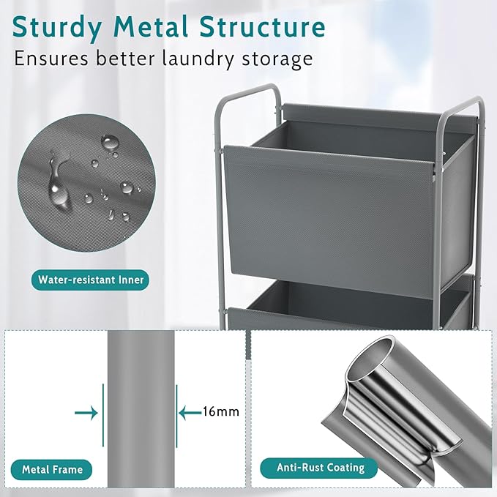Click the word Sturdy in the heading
(57, 28)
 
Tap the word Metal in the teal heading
(151, 26)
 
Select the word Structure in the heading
(263, 26)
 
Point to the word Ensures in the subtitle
(51, 59)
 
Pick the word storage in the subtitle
(277, 60)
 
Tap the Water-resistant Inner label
(90, 280)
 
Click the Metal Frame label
(52, 469)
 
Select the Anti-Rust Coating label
(319, 468)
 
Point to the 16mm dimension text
(221, 411)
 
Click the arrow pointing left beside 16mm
(190, 413)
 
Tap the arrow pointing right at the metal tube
(86, 413)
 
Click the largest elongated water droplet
(58, 184)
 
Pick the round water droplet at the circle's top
(110, 142)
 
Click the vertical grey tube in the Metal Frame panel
(141, 409)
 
